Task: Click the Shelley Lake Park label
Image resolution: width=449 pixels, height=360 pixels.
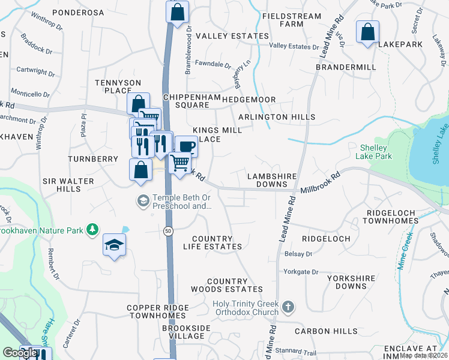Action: [376, 152]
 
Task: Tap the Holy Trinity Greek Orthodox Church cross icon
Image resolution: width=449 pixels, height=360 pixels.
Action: [288, 307]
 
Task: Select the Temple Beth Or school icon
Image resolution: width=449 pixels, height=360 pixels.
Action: [143, 200]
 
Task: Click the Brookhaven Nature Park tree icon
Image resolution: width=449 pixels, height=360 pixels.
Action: [92, 230]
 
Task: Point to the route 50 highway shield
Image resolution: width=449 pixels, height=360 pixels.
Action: [167, 230]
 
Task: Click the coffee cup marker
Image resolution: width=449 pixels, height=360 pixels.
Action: [186, 146]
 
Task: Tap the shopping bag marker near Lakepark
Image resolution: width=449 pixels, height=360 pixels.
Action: [367, 31]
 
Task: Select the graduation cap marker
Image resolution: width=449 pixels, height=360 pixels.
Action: [114, 244]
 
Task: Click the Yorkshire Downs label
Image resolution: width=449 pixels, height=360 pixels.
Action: [351, 283]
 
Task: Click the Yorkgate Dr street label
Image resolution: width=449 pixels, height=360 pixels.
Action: [303, 272]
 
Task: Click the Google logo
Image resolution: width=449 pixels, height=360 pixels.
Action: [19, 353]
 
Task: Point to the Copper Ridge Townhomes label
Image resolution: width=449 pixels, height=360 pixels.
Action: [158, 312]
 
